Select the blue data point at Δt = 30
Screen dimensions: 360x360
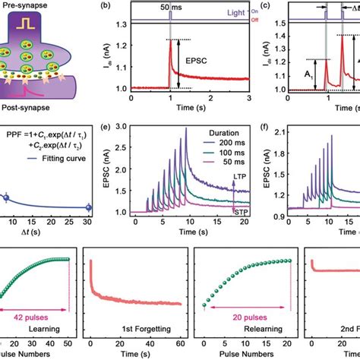pos(89,207)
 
